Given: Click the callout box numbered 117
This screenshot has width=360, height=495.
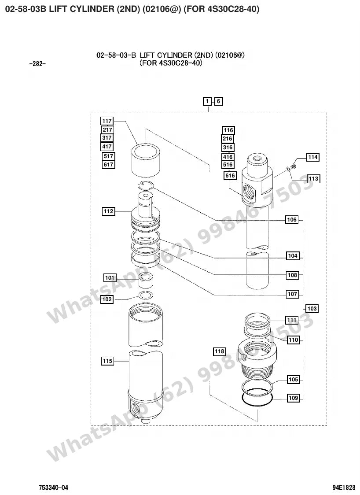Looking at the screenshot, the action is tap(107, 121).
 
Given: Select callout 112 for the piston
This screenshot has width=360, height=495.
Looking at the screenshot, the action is tap(109, 211).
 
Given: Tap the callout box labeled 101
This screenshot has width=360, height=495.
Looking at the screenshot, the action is tap(110, 278).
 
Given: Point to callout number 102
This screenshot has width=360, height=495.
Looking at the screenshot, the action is tap(107, 299).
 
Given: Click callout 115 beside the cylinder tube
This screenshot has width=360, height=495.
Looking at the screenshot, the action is tap(107, 361).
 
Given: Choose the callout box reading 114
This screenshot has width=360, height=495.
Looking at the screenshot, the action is tap(312, 157).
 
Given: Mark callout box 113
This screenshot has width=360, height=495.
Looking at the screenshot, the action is tap(313, 179).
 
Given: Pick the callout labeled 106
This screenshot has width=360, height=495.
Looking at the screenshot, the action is tap(292, 220).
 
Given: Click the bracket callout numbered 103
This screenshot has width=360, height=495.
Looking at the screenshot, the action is tap(312, 308).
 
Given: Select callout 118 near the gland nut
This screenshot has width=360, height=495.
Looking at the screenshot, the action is tap(219, 351).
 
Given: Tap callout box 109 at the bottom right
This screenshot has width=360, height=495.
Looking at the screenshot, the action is tap(293, 398).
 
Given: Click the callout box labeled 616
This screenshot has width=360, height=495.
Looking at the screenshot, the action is tap(230, 176).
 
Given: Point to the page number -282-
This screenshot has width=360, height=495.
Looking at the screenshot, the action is tap(37, 64).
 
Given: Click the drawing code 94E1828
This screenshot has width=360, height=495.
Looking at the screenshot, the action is tap(343, 488).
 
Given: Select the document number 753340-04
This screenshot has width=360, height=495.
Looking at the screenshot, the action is tap(53, 488).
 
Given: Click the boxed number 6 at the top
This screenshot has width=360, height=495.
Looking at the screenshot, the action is tap(218, 101).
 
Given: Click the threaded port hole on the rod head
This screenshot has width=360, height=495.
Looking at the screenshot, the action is tap(249, 193).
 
